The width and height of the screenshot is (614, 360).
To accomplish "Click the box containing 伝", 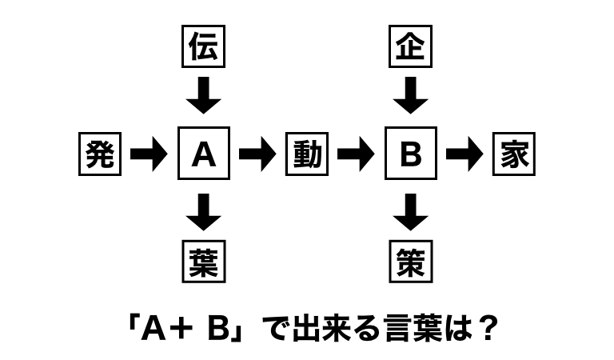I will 204,47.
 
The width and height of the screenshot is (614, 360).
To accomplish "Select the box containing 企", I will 411,47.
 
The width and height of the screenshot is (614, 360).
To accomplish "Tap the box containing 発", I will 100,154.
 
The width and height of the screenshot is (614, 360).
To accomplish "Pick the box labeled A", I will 204,154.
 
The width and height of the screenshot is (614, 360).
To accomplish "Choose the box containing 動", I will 307,154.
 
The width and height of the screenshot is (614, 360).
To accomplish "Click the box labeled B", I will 411,154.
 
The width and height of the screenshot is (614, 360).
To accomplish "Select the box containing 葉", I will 204,261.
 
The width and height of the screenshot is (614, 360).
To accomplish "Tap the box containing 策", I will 411,261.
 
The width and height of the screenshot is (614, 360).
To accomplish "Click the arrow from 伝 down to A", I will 204,96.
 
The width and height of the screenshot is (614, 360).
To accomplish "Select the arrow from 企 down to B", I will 411,96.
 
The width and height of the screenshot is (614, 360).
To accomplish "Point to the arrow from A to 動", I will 257,154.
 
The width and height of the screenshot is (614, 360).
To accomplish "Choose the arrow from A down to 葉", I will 204,212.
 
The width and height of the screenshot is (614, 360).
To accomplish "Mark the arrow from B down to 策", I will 411,212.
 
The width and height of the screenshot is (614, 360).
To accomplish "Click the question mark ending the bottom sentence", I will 481,329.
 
